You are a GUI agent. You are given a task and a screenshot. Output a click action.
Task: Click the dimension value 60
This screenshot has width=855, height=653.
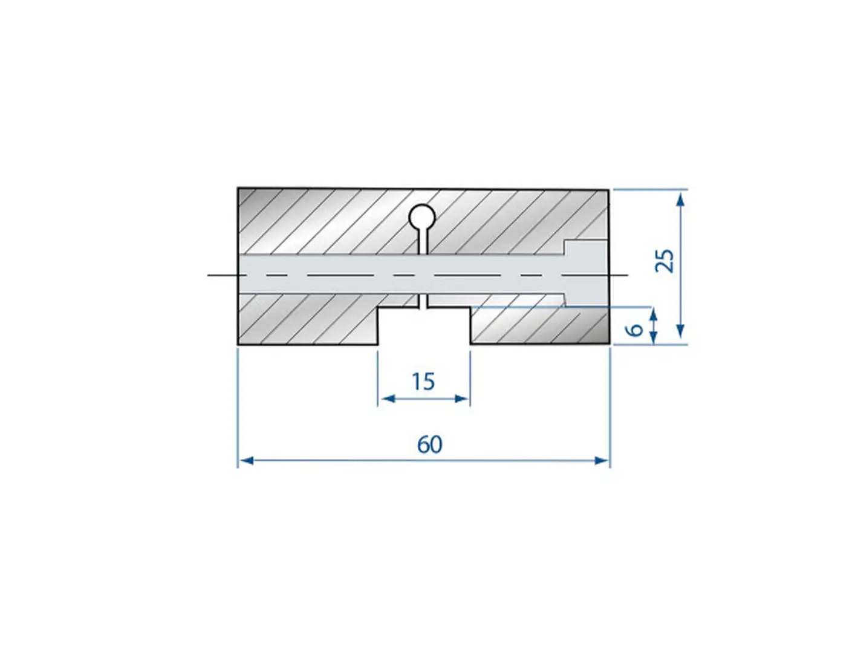pyautogui.click(x=430, y=444)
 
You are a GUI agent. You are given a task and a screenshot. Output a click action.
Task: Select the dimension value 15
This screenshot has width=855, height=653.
pyautogui.click(x=423, y=382)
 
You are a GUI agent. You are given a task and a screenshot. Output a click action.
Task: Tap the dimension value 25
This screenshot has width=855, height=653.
pyautogui.click(x=665, y=261)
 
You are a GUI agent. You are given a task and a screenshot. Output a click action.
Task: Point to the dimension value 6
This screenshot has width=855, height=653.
pyautogui.click(x=634, y=330)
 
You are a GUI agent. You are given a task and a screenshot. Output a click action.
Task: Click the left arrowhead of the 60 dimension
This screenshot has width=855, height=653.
pyautogui.click(x=247, y=461)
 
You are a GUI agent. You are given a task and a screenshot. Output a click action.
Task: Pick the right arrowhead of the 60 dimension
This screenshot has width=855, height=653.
pyautogui.click(x=601, y=461)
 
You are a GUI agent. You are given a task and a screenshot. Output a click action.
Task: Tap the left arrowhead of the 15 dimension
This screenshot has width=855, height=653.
pyautogui.click(x=388, y=398)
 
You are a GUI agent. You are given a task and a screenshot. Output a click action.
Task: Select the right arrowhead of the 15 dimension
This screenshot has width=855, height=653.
pyautogui.click(x=461, y=398)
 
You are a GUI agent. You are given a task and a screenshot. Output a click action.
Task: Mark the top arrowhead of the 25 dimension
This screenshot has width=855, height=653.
pyautogui.click(x=680, y=199)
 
